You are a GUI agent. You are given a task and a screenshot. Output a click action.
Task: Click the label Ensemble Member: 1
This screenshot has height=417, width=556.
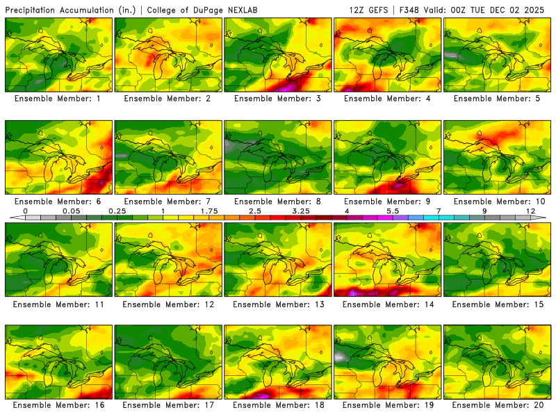58,99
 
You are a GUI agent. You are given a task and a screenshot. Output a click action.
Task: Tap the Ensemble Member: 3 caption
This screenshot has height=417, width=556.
277,99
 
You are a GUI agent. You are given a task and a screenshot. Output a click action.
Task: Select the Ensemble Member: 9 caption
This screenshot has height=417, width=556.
387,202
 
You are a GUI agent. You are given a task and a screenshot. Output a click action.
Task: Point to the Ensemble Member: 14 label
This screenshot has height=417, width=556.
387,304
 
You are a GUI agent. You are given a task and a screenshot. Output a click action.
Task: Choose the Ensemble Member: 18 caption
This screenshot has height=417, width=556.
277,404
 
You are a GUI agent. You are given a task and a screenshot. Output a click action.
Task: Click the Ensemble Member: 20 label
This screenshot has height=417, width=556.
497,404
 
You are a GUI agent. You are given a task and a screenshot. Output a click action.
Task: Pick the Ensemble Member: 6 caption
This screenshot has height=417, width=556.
58,202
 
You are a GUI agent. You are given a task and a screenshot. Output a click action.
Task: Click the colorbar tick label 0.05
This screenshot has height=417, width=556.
71,210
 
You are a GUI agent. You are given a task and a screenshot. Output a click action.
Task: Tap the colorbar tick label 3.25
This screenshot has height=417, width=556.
301,210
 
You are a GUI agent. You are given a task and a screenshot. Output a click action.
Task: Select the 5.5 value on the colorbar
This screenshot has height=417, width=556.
393,210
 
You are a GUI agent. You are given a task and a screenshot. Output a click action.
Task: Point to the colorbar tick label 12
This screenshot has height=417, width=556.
530,210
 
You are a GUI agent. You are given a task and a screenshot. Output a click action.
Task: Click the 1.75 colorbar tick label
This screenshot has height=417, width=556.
209,210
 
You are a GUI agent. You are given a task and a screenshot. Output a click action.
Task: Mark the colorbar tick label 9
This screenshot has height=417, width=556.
484,210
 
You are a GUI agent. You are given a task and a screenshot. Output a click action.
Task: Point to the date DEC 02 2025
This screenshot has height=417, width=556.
518,10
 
